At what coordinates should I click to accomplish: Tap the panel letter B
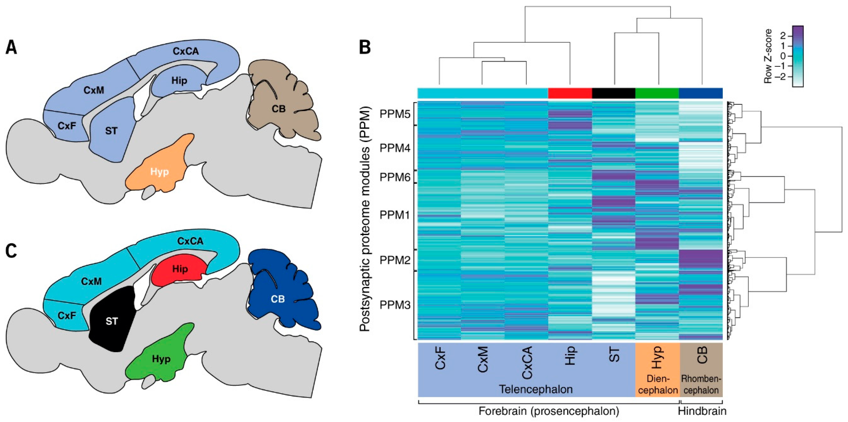365,48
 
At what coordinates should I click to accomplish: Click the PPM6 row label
395,177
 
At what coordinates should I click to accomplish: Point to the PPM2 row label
395,260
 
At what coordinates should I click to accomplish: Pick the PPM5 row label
395,114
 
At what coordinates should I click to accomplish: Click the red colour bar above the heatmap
570,93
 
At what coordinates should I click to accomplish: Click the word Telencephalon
536,389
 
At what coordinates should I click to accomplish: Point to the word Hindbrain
702,411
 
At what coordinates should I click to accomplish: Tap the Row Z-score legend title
768,56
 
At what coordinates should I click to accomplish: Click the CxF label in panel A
67,125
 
